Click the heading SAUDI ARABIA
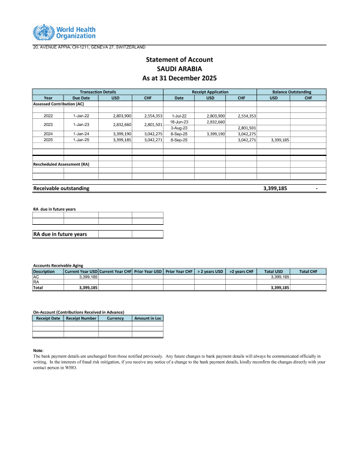click(x=179, y=69)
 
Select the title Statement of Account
click(x=179, y=59)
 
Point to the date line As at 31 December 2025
click(x=179, y=78)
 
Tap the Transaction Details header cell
click(x=98, y=92)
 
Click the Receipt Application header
click(x=210, y=92)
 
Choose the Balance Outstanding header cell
click(x=291, y=92)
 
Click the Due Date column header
click(x=81, y=98)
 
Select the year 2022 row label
click(x=48, y=116)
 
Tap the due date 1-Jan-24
click(x=81, y=134)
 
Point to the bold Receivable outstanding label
click(x=62, y=188)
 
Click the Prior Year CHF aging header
click(x=179, y=271)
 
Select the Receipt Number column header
click(x=81, y=318)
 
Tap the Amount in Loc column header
click(x=148, y=318)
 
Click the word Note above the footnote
click(x=38, y=351)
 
